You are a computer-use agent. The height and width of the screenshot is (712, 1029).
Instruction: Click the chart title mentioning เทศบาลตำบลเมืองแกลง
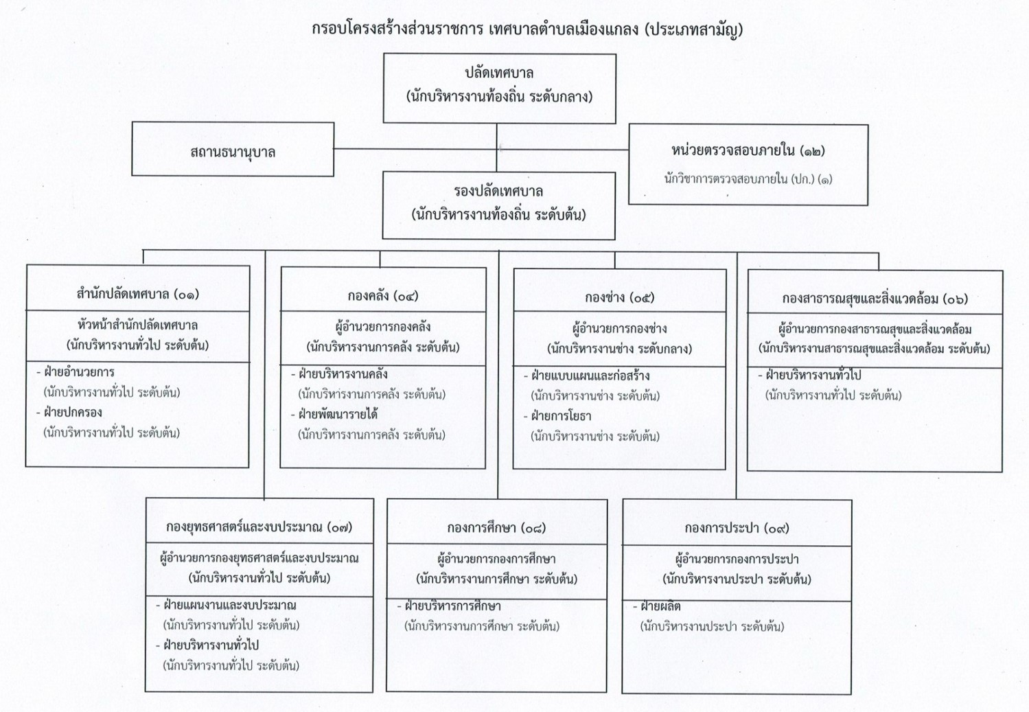tap(527, 30)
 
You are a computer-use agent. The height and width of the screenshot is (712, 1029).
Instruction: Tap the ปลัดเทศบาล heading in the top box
tap(499, 73)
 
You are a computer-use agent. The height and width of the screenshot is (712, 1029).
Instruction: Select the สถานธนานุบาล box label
tap(233, 152)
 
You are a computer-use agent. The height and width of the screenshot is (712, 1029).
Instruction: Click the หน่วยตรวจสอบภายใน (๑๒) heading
tap(748, 150)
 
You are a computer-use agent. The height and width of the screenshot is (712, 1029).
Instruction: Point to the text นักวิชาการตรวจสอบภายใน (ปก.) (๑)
tap(748, 179)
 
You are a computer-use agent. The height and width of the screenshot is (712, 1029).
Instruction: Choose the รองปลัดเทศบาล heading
tap(498, 191)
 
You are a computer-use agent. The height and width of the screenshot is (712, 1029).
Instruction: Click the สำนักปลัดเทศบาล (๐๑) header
tap(138, 294)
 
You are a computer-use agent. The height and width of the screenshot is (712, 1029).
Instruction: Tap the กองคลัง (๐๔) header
tap(382, 295)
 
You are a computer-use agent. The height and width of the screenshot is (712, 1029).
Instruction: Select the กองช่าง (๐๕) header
tap(619, 297)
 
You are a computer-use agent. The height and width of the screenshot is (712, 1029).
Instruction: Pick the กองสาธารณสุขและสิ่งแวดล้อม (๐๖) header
tap(875, 299)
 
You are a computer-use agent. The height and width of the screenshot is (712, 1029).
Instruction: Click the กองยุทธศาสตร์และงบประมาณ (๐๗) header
tap(259, 527)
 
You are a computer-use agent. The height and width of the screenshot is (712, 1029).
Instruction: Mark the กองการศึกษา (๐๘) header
tap(496, 528)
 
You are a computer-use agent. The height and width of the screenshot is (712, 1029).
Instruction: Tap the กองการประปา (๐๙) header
tap(737, 528)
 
